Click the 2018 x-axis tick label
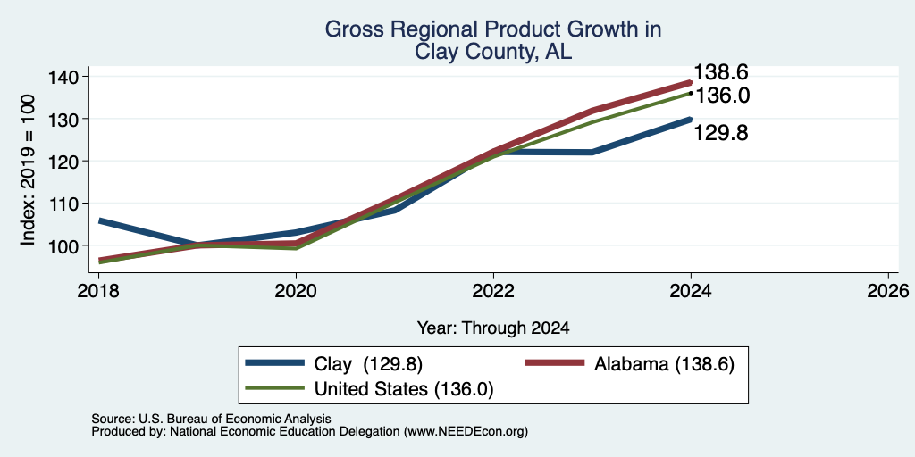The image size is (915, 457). [98, 290]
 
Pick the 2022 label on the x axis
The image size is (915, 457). [493, 290]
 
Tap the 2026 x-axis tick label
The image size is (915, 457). [888, 290]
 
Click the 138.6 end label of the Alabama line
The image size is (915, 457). [721, 73]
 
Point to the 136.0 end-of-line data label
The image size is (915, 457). [722, 96]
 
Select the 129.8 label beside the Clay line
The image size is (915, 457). [721, 134]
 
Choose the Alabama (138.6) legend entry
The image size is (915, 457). [630, 364]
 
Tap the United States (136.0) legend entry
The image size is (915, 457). [369, 389]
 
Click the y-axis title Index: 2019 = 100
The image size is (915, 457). [28, 170]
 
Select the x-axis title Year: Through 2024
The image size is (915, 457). [493, 328]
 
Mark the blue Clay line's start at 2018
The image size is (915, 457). [99, 221]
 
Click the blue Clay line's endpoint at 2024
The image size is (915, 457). [691, 119]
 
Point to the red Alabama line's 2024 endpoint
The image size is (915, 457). [691, 82]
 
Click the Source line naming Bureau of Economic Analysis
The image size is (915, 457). [211, 420]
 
